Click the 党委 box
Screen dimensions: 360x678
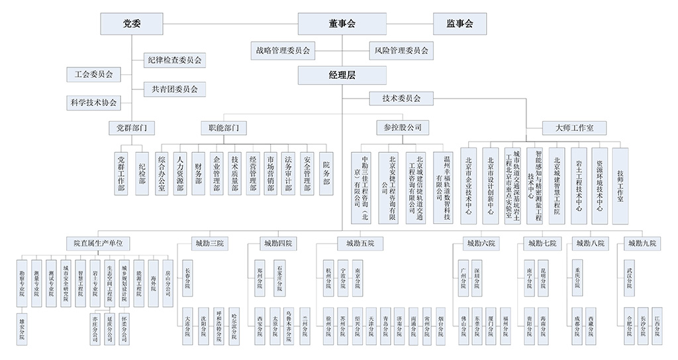(x=132, y=24)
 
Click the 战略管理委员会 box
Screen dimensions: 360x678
(x=283, y=50)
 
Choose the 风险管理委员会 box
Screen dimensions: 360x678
(x=401, y=50)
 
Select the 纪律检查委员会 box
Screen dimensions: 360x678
(x=174, y=60)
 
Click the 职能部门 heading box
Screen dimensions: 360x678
(x=224, y=126)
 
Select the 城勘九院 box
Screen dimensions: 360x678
(x=641, y=243)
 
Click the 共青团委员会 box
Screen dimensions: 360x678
(x=174, y=89)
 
